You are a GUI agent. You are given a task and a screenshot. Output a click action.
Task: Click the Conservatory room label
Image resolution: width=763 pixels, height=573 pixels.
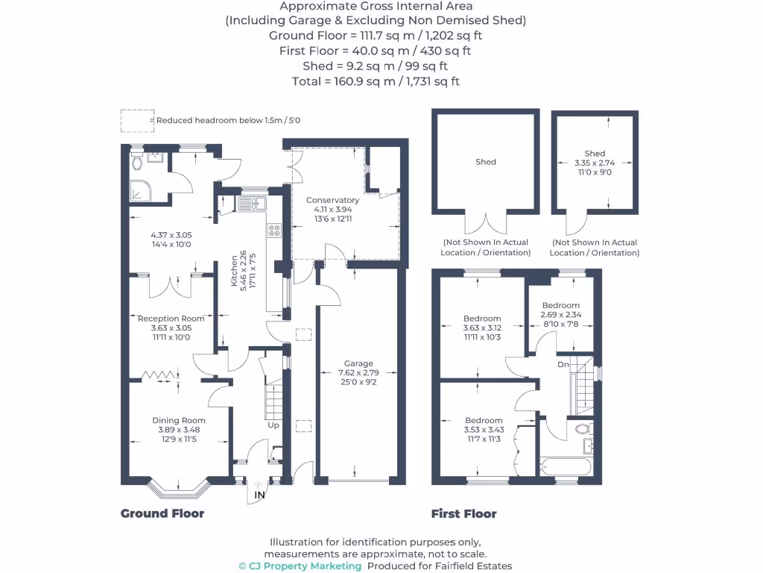click(332, 200)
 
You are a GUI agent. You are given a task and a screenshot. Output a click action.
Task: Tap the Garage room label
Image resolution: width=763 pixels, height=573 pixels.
click(358, 363)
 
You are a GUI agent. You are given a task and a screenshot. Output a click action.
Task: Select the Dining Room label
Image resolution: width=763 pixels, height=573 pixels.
click(179, 420)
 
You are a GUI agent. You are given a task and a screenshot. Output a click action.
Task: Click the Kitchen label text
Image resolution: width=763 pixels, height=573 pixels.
click(234, 272)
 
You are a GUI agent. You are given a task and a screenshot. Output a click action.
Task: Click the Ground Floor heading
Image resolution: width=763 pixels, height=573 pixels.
click(162, 513)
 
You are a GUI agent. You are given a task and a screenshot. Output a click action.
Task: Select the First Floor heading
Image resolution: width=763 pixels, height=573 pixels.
click(463, 513)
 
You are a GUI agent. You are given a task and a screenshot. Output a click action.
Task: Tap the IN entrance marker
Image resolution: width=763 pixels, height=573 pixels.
click(259, 495)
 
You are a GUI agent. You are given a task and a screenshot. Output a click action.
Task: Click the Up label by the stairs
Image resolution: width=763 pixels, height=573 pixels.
click(273, 425)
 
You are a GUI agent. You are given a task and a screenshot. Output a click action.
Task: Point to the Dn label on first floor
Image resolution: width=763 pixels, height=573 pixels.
click(563, 364)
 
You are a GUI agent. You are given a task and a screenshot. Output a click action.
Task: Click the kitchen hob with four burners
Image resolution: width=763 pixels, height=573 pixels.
click(273, 231)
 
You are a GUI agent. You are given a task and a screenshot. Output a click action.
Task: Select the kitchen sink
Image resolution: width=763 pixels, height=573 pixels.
click(252, 203)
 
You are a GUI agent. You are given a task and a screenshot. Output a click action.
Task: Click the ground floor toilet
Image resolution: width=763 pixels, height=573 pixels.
click(136, 162)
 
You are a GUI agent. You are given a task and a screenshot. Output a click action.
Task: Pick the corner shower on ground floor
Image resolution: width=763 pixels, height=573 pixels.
click(140, 192)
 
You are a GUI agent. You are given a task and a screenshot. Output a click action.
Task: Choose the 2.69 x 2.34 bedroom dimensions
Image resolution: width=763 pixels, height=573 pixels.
click(560, 314)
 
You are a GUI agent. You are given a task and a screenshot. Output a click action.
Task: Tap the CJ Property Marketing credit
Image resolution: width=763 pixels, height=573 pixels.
click(300, 566)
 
